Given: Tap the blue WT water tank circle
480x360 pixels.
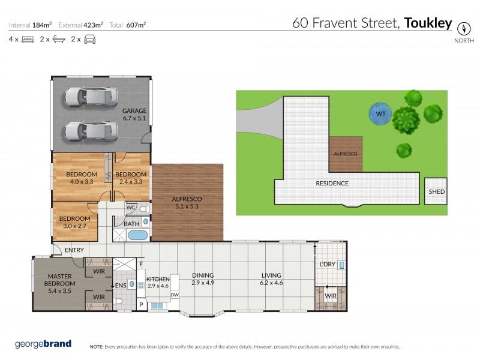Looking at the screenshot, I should tap(380, 113).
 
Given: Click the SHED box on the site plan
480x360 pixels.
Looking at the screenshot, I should tap(436, 193).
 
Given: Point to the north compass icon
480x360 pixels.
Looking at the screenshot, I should tap(463, 28).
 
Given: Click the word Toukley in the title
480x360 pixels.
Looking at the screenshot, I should tap(428, 23).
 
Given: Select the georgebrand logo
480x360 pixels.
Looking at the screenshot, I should tap(43, 344).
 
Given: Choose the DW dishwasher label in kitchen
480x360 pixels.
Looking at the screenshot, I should tap(175, 295).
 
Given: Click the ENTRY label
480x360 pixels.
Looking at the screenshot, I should tap(74, 250).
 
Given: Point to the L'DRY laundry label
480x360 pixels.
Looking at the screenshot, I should tap(327, 264).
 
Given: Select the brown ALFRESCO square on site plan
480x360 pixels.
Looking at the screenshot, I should tap(346, 154).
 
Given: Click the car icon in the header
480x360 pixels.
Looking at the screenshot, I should tap(90, 40).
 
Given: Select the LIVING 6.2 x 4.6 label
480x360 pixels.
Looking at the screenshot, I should tap(271, 279).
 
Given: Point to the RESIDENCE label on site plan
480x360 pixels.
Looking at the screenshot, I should tap(332, 184).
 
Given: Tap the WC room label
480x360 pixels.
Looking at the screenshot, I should tap(130, 208).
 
